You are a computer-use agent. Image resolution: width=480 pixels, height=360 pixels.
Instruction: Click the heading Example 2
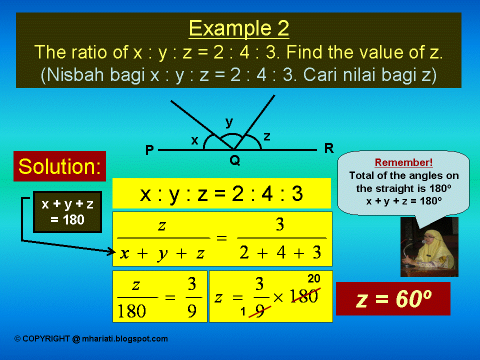tap(238, 28)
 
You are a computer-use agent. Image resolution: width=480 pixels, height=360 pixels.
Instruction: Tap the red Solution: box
tap(59, 166)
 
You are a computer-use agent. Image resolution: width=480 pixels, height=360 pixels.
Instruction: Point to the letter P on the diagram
tap(149, 150)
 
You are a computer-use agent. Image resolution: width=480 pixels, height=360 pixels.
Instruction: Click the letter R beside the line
tap(328, 148)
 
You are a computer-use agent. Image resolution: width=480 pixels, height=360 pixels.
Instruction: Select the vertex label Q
tap(235, 160)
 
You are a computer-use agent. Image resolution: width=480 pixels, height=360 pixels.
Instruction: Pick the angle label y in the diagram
tap(229, 121)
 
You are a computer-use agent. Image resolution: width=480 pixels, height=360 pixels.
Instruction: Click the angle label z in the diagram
tap(267, 136)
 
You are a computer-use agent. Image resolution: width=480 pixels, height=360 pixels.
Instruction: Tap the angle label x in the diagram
tap(195, 141)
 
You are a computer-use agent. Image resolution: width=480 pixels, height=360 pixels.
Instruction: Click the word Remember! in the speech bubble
tap(403, 162)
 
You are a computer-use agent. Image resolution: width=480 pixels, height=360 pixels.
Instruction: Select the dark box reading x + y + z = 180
tap(67, 211)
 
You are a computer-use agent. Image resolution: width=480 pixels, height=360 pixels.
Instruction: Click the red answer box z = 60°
tap(393, 298)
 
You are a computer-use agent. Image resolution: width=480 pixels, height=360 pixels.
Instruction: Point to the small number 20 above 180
tap(313, 278)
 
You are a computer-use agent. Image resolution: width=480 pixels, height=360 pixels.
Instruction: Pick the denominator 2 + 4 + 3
tap(280, 253)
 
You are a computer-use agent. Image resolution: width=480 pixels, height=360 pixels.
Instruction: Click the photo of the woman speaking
tap(429, 247)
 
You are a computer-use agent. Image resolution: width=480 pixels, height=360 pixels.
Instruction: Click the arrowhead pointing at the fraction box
tap(112, 251)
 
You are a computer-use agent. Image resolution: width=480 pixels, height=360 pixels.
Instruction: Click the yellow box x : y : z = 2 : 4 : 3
tap(221, 193)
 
